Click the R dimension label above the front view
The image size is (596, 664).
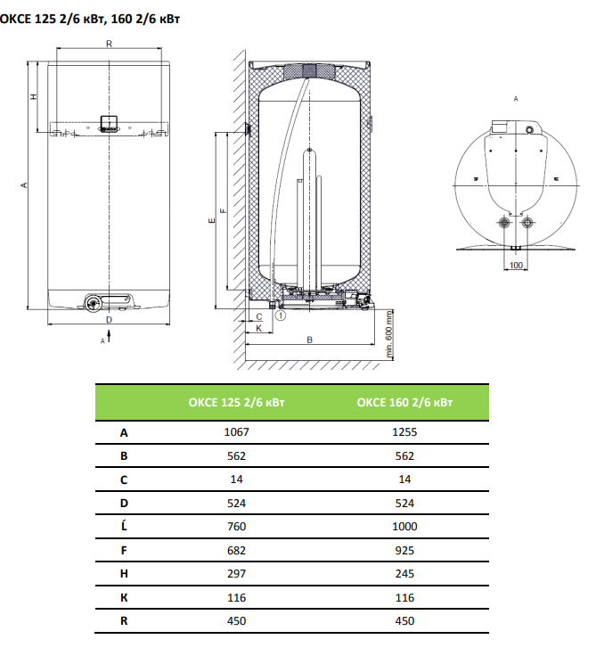pyautogui.click(x=109, y=44)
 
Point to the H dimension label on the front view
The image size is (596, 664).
pyautogui.click(x=34, y=96)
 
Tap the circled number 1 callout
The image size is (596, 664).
pyautogui.click(x=281, y=316)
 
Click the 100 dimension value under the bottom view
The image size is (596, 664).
pyautogui.click(x=516, y=265)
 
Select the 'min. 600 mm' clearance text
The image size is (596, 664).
pyautogui.click(x=389, y=334)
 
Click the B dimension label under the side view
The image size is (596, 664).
pyautogui.click(x=309, y=340)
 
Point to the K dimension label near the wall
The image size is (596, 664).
pyautogui.click(x=258, y=328)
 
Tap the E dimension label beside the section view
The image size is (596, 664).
pyautogui.click(x=212, y=220)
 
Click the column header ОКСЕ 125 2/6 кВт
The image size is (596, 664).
pyautogui.click(x=236, y=402)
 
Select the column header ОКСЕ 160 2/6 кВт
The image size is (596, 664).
pyautogui.click(x=404, y=402)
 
